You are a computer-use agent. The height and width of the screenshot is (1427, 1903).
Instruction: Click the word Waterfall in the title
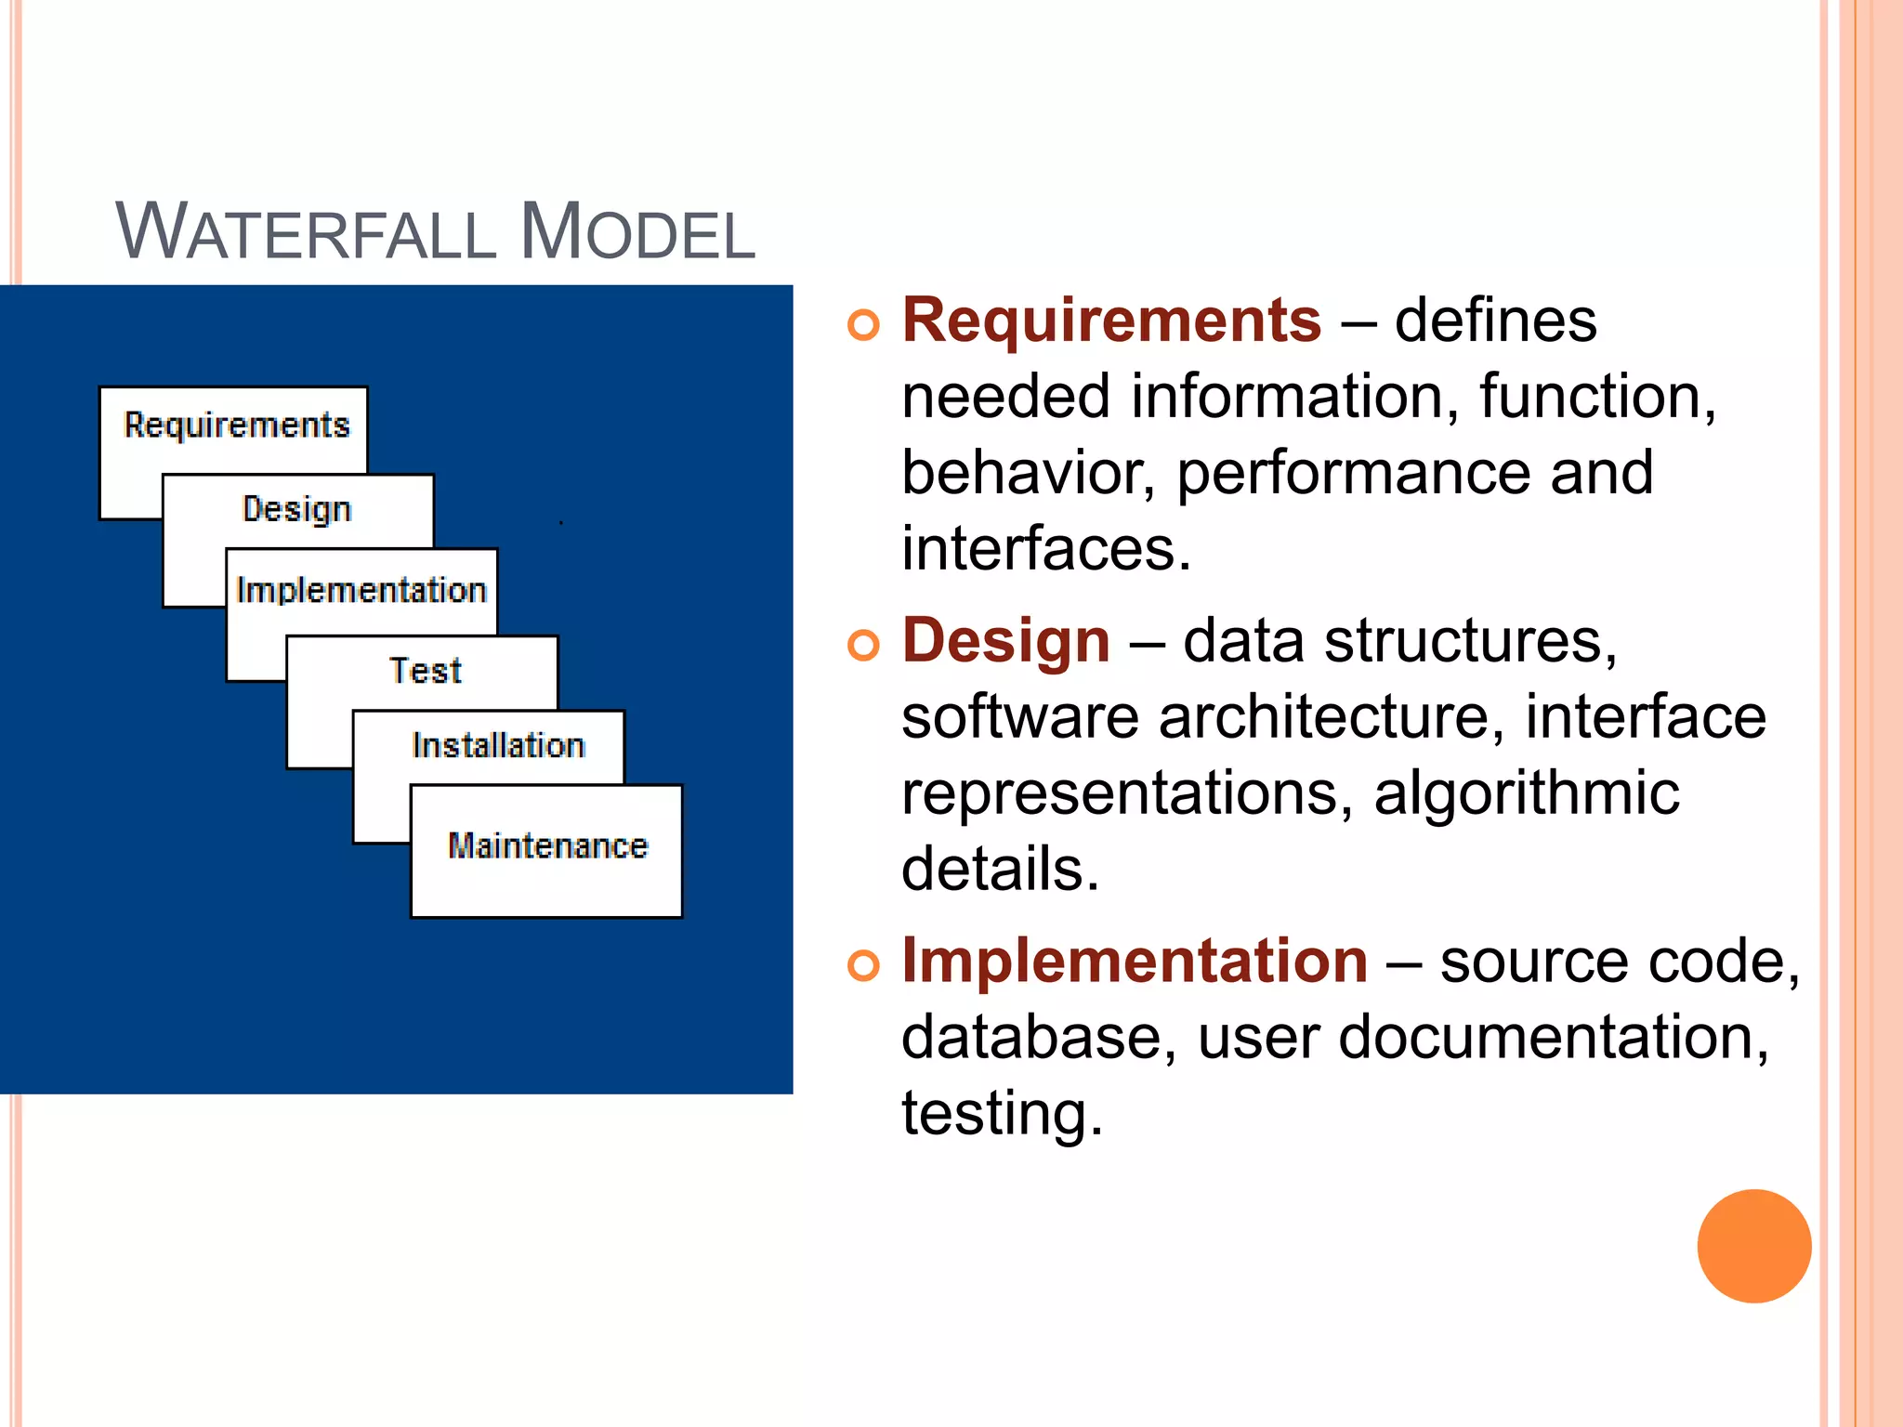click(306, 232)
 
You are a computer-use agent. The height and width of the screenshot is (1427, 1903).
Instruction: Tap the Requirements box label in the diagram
click(237, 425)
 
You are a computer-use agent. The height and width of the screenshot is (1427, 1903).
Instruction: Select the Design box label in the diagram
click(297, 509)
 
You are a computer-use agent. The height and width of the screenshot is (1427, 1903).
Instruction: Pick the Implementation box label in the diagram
click(361, 591)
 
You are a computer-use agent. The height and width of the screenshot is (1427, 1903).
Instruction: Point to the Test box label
click(425, 671)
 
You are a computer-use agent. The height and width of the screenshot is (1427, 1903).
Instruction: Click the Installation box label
click(498, 746)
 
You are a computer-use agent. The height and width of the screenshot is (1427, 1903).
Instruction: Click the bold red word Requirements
click(1111, 321)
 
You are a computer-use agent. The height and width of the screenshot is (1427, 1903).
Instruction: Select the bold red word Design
click(1006, 642)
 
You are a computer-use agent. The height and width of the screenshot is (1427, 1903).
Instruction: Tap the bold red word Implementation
click(1135, 962)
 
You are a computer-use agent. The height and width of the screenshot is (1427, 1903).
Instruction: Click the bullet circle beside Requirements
click(863, 325)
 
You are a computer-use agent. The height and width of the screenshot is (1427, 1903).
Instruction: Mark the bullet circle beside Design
click(863, 646)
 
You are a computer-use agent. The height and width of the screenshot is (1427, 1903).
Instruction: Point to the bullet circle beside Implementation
click(863, 966)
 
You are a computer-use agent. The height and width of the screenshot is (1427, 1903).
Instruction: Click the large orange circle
click(1753, 1246)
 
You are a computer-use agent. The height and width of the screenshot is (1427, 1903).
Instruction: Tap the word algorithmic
click(1527, 795)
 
